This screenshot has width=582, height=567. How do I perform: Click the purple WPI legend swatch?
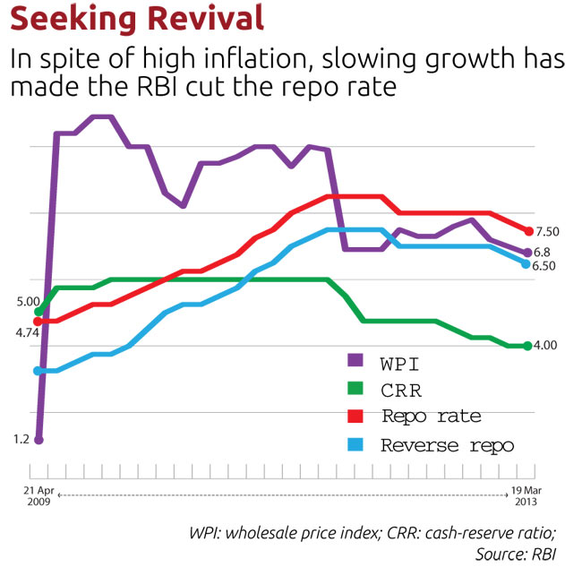pos(355,361)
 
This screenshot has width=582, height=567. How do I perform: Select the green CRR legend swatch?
pos(355,389)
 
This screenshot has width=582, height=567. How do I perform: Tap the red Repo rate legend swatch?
pos(355,417)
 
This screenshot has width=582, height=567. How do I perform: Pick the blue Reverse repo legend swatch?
pos(355,444)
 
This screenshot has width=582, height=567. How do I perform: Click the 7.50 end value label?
pos(547,232)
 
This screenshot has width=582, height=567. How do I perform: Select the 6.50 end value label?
pos(546,266)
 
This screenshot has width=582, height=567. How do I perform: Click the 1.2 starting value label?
pos(21,439)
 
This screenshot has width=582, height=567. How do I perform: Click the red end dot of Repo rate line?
pos(528,232)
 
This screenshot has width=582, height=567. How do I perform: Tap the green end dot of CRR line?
pos(527,346)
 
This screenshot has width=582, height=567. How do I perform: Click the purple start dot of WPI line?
pos(39,439)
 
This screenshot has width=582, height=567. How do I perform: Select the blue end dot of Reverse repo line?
pos(526,263)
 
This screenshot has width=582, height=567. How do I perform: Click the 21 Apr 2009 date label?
pos(38,497)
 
